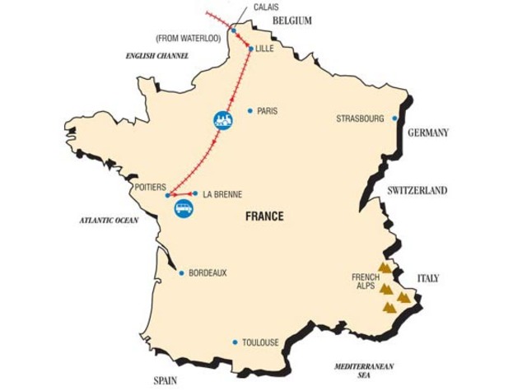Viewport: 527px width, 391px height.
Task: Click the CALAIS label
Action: pyautogui.click(x=266, y=7)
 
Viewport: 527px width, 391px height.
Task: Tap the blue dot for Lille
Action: pyautogui.click(x=250, y=49)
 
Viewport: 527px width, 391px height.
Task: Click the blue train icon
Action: pyautogui.click(x=222, y=120)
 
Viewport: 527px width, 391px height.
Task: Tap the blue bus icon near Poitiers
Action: pyautogui.click(x=184, y=210)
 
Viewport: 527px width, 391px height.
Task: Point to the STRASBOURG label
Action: pyautogui.click(x=360, y=119)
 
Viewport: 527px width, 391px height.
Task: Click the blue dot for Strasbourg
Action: pyautogui.click(x=395, y=119)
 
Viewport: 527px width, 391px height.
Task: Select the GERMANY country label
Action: pyautogui.click(x=427, y=133)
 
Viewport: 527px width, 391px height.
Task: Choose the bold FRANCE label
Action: pyautogui.click(x=264, y=216)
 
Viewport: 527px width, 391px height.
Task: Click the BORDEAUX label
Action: pyautogui.click(x=208, y=272)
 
